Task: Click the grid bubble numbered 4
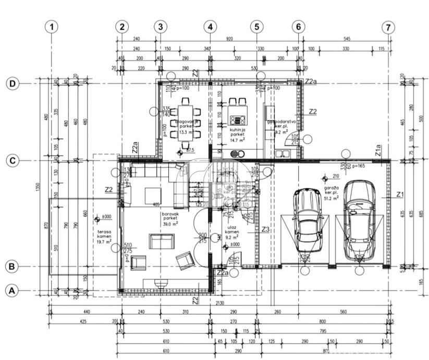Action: click(x=210, y=27)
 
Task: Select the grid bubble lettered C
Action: click(x=12, y=161)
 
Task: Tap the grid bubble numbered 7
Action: click(x=387, y=27)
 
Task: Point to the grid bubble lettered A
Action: click(x=12, y=291)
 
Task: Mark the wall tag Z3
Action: click(x=265, y=229)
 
